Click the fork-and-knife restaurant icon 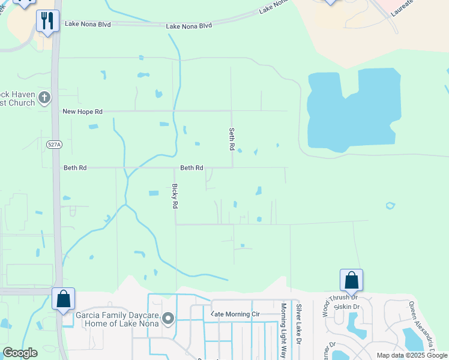pyautogui.click(x=47, y=21)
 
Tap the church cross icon pyautogui.click(x=44, y=97)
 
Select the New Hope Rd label pyautogui.click(x=83, y=112)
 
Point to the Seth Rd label pyautogui.click(x=231, y=139)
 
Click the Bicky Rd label pyautogui.click(x=175, y=196)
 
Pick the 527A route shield pyautogui.click(x=53, y=144)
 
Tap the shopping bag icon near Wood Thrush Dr pyautogui.click(x=351, y=280)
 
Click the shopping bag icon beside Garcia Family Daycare pyautogui.click(x=63, y=299)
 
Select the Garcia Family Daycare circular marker pyautogui.click(x=168, y=319)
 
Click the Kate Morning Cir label pyautogui.click(x=235, y=314)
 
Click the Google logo pyautogui.click(x=20, y=353)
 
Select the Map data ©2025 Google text pyautogui.click(x=412, y=355)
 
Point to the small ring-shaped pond pyautogui.click(x=390, y=206)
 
